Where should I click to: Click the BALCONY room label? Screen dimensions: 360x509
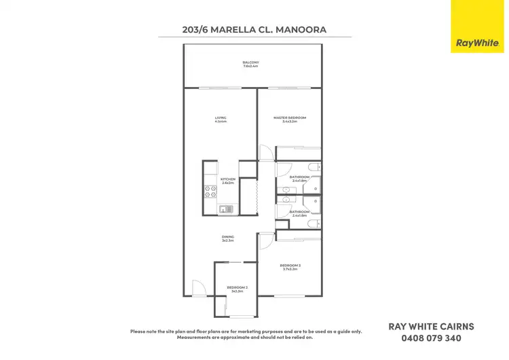(x=251, y=62)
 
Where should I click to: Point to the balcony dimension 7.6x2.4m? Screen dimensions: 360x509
(x=251, y=67)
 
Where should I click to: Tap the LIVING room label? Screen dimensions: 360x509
(x=221, y=118)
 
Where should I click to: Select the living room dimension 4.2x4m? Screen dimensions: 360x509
(x=221, y=122)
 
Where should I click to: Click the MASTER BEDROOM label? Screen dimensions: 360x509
(x=290, y=118)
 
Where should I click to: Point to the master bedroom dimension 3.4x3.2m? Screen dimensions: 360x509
(x=290, y=122)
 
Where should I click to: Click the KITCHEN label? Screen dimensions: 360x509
(x=227, y=179)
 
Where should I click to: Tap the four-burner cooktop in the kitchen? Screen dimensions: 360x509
(x=210, y=191)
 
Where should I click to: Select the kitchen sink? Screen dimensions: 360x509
(x=227, y=209)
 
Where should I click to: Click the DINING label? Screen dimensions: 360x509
(x=227, y=236)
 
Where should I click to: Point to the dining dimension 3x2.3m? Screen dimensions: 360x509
(x=227, y=240)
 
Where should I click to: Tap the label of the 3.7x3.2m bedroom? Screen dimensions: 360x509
(x=290, y=265)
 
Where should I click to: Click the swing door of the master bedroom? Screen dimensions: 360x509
(x=265, y=153)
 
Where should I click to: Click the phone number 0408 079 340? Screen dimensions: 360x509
(x=431, y=338)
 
